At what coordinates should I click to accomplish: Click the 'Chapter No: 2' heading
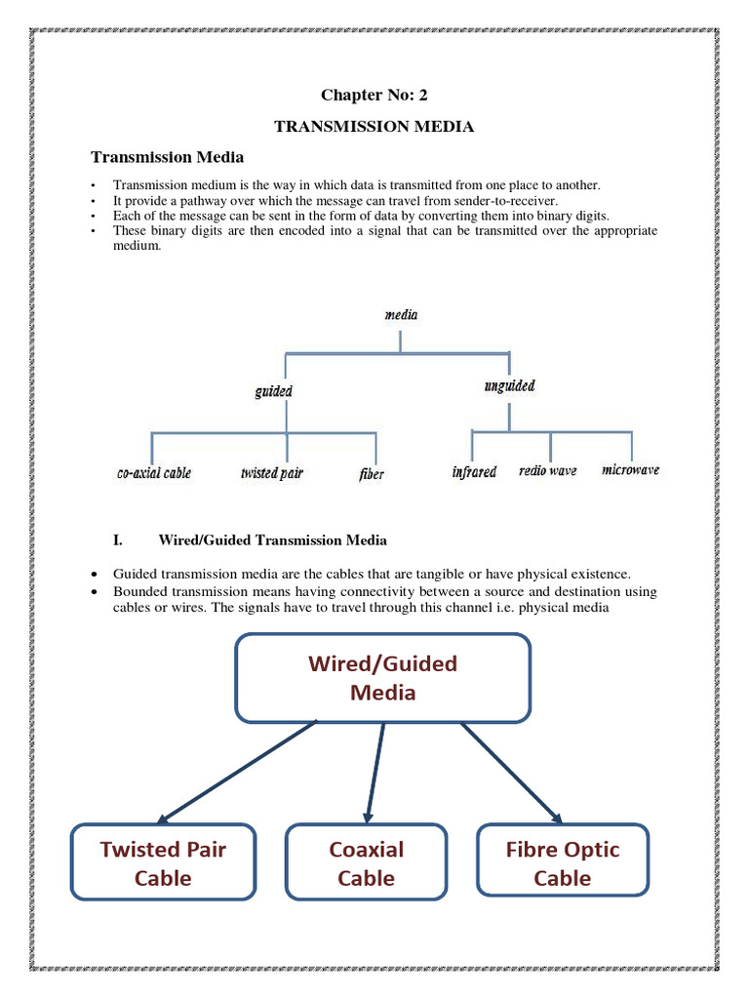click(374, 95)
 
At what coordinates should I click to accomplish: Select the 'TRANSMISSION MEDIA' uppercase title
click(374, 127)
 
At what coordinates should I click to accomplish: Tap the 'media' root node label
click(401, 314)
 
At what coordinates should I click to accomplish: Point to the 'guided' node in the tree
click(273, 390)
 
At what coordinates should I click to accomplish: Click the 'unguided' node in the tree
click(509, 386)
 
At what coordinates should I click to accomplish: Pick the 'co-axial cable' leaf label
click(154, 473)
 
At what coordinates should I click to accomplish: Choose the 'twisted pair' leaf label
click(272, 473)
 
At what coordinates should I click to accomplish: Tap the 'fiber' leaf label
click(372, 474)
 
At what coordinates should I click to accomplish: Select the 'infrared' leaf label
click(474, 472)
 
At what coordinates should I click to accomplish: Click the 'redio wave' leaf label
click(548, 471)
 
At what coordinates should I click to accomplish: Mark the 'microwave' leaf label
click(630, 470)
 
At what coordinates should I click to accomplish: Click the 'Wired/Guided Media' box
click(382, 678)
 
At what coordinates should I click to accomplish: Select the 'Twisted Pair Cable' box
click(163, 862)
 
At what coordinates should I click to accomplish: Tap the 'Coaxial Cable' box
click(366, 862)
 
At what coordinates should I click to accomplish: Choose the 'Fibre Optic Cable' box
click(562, 862)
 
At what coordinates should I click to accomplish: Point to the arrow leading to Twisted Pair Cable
click(237, 772)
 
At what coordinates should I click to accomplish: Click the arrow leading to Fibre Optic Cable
click(511, 772)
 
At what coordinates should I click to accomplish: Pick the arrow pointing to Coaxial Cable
click(375, 771)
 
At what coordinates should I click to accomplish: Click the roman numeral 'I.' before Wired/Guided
click(119, 539)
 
